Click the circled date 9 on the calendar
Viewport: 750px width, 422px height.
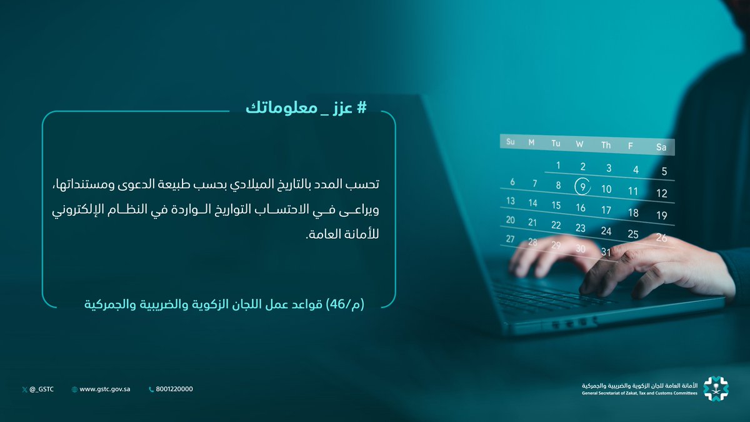point(582,186)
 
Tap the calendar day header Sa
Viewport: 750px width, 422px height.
point(661,148)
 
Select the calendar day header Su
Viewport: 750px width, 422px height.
point(511,142)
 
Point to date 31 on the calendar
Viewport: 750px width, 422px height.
point(605,252)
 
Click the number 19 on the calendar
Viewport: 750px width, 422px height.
point(662,216)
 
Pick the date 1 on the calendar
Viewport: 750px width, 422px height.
point(558,166)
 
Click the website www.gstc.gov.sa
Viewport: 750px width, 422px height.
point(104,389)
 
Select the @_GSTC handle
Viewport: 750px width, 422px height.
point(42,389)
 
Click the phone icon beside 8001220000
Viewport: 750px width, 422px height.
point(151,389)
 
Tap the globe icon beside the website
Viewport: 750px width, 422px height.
point(75,389)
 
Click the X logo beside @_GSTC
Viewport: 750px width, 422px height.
point(24,389)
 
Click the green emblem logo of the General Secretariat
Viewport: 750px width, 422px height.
point(716,389)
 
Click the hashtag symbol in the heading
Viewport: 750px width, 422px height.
point(361,108)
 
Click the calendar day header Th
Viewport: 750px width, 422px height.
point(606,145)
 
